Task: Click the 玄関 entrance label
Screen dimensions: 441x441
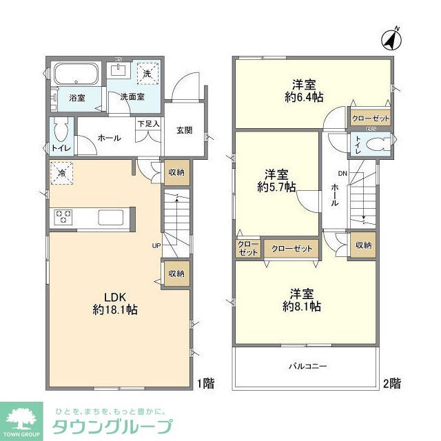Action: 183,130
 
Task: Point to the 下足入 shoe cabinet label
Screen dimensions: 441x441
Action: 149,124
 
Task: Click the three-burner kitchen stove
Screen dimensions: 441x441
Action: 65,217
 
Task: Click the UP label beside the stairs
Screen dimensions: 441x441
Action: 156,245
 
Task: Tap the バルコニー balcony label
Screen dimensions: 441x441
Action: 307,366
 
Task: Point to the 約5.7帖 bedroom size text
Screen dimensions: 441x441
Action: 277,187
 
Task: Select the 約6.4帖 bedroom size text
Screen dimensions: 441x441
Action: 304,98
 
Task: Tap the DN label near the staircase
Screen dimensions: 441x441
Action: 342,174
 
